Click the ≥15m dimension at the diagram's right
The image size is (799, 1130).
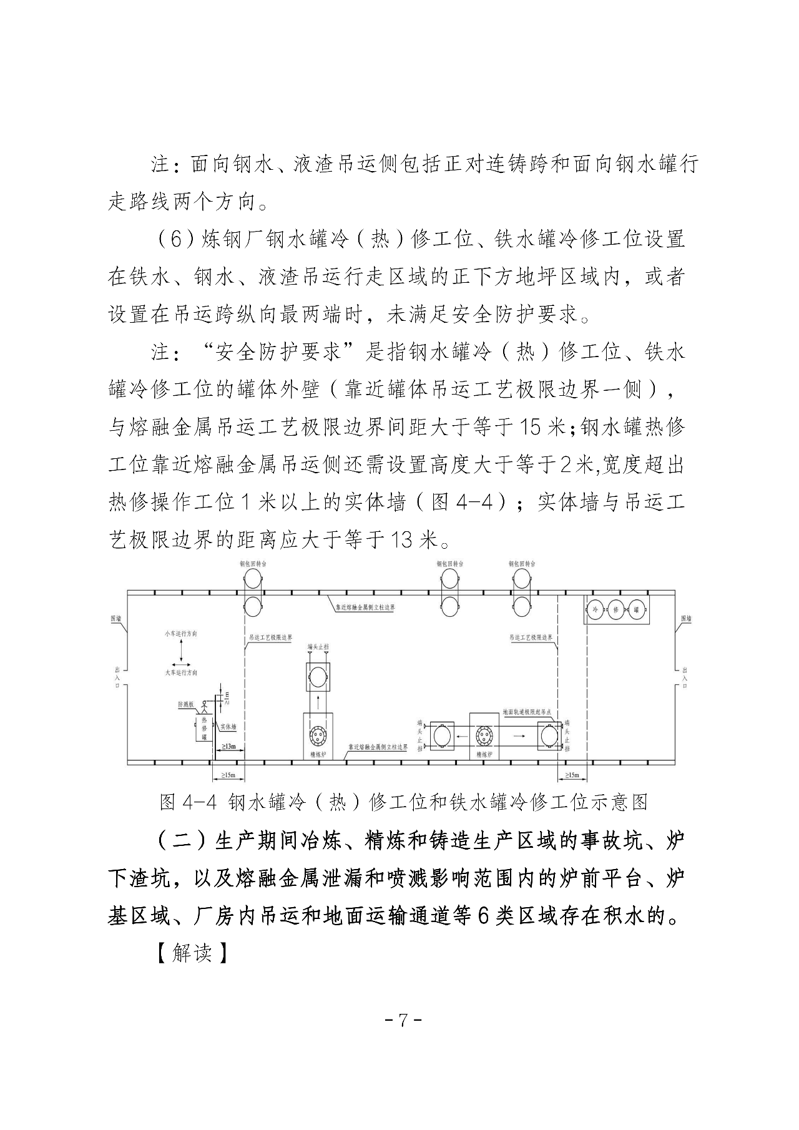coord(572,775)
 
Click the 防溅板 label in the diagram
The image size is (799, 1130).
coord(186,704)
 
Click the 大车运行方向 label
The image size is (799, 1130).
coord(181,672)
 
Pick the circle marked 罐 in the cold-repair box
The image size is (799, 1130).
coord(635,609)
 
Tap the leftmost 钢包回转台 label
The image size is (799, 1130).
coord(253,563)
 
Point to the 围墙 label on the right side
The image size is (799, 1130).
coord(685,618)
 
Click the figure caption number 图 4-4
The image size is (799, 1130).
coord(188,802)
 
